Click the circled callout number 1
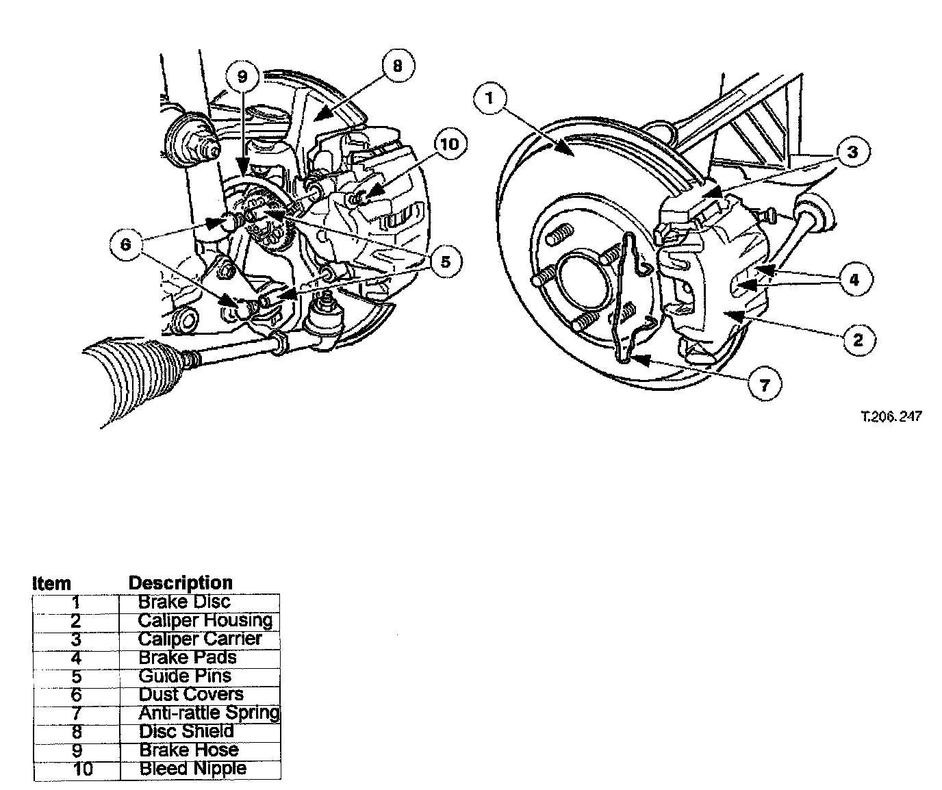489,98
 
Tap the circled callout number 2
858,338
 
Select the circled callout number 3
852,152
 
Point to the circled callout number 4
854,279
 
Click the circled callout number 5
445,262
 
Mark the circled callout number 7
764,385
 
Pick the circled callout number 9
242,77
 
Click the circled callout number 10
449,144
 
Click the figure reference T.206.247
891,416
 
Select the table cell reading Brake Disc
184,602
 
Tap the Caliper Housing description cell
205,621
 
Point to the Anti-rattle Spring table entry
209,713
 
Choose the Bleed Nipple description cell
192,769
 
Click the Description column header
180,583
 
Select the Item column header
51,584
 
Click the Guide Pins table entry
184,676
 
